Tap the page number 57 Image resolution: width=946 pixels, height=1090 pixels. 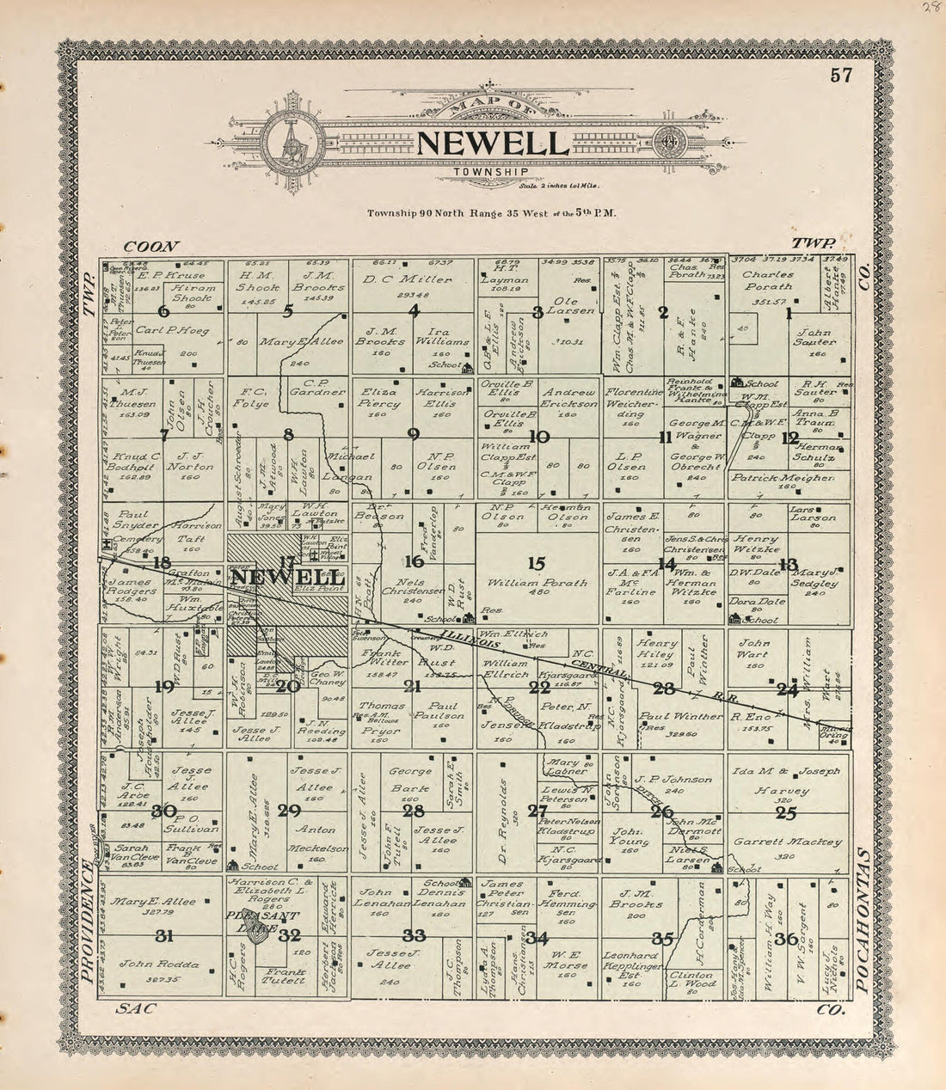tap(841, 75)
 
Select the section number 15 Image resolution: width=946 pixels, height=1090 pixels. tap(537, 563)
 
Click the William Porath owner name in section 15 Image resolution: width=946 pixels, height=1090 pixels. tap(537, 583)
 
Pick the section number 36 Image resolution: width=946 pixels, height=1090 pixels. tap(785, 939)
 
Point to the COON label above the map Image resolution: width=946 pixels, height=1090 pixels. tap(150, 246)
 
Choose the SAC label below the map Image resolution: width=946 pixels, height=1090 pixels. tap(137, 1010)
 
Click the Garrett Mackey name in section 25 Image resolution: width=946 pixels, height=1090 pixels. tap(787, 842)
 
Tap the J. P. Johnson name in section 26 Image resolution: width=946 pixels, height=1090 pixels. tap(673, 780)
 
